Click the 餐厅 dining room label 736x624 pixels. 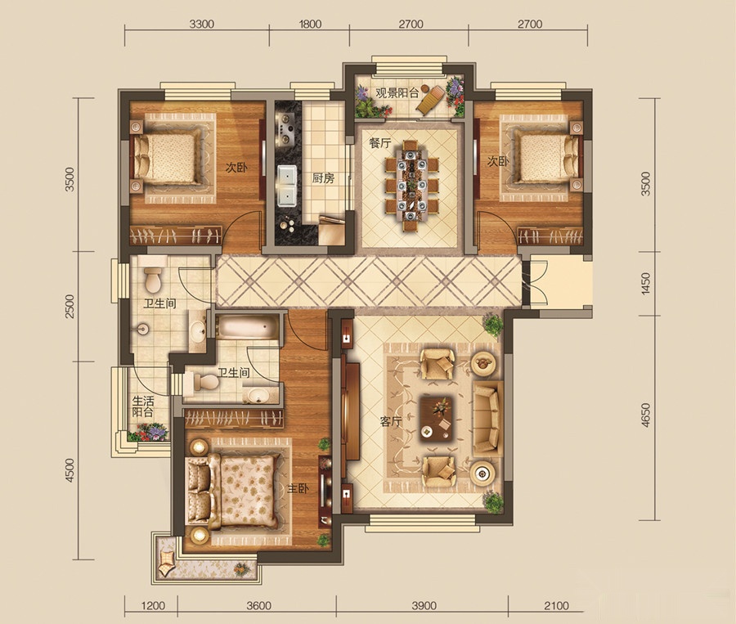pyautogui.click(x=379, y=144)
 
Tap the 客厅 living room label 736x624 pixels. pyautogui.click(x=391, y=422)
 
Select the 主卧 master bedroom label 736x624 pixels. pyautogui.click(x=298, y=489)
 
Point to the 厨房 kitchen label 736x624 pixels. pyautogui.click(x=323, y=178)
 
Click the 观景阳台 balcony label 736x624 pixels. pyautogui.click(x=397, y=92)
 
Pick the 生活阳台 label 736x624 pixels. pyautogui.click(x=142, y=406)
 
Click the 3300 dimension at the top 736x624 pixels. pyautogui.click(x=202, y=24)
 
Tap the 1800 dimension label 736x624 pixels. pyautogui.click(x=309, y=24)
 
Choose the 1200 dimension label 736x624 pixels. pyautogui.click(x=153, y=606)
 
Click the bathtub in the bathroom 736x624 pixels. pyautogui.click(x=247, y=327)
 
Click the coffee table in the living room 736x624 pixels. pyautogui.click(x=437, y=418)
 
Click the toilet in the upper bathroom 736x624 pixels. pyautogui.click(x=153, y=280)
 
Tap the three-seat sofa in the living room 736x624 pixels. pyautogui.click(x=488, y=419)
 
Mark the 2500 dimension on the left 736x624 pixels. pyautogui.click(x=70, y=306)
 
